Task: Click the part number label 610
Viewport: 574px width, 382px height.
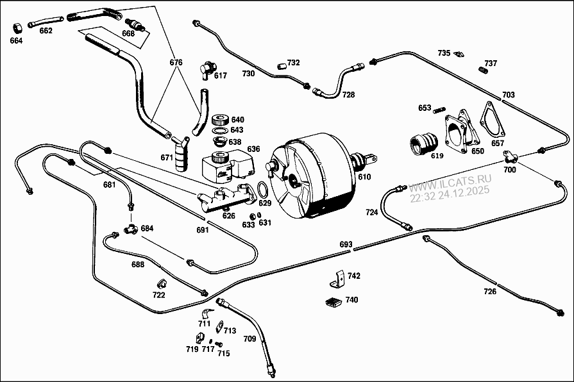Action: (364, 176)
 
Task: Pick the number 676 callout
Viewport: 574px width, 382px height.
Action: (176, 63)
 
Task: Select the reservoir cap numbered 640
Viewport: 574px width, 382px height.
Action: (220, 120)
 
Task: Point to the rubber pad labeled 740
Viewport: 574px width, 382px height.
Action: (333, 303)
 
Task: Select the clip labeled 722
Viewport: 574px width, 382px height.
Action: (162, 284)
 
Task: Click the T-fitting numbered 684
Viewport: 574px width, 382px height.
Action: (130, 228)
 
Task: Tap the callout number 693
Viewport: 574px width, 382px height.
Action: (346, 245)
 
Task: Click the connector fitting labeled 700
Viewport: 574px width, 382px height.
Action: (511, 156)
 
